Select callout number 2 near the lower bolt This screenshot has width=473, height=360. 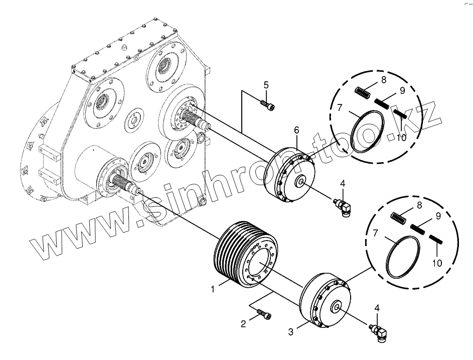(x=243, y=324)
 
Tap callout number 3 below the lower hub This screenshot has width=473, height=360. (x=290, y=332)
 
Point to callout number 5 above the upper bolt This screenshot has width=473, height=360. (x=266, y=84)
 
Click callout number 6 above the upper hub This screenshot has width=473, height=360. (x=296, y=130)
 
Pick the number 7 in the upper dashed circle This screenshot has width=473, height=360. (x=340, y=107)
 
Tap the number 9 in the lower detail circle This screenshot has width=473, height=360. (x=438, y=216)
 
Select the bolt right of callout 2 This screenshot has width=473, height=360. (x=264, y=315)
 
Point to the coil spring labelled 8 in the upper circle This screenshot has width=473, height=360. (x=362, y=93)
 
